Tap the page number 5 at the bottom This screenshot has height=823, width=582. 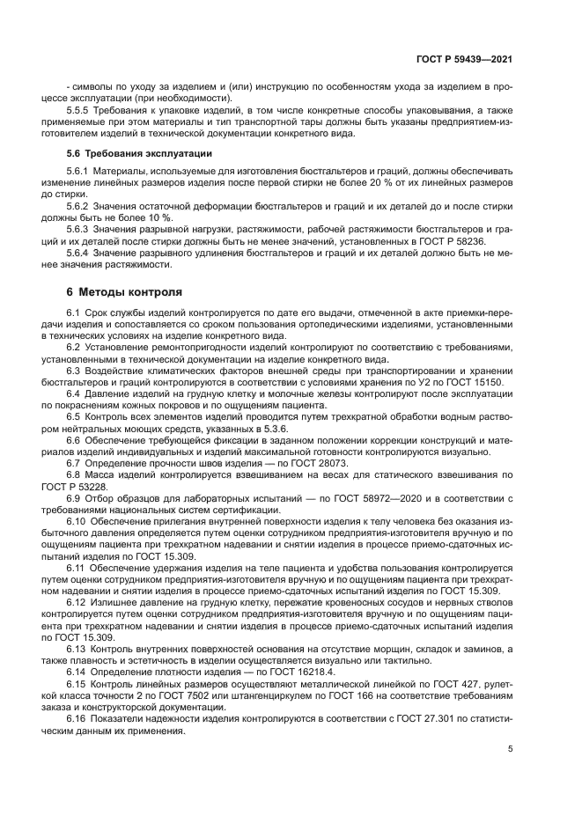click(x=511, y=749)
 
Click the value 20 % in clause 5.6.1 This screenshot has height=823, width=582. click(x=374, y=180)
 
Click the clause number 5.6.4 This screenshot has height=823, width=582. click(x=80, y=254)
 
